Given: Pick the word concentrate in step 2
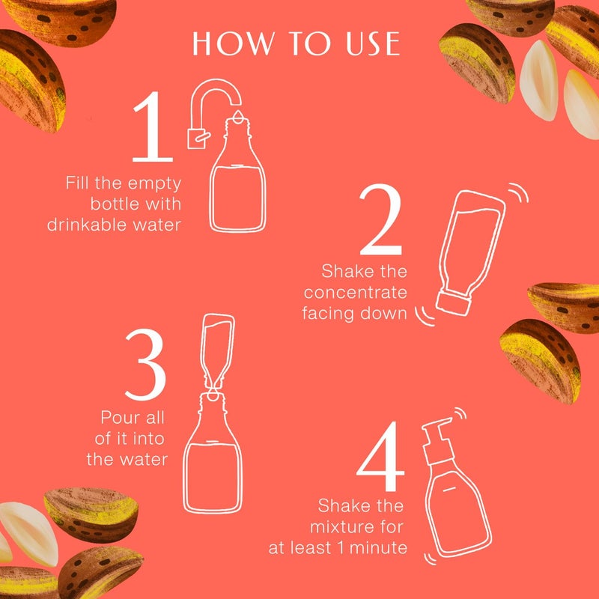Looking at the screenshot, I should coord(355,292).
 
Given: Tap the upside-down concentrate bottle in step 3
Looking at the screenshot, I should coord(216,348).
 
